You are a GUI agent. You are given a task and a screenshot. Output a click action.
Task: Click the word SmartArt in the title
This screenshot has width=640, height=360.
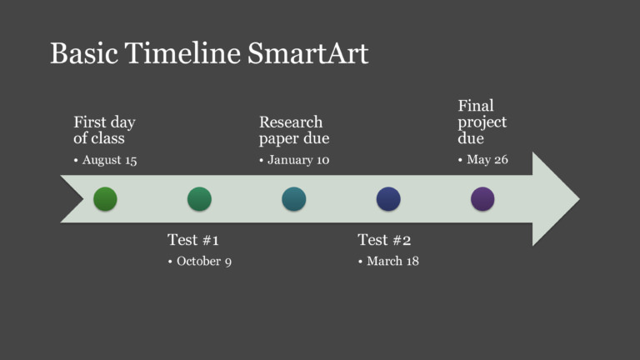pos(308,53)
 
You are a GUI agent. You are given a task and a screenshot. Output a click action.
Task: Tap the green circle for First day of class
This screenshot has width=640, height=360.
pos(105,199)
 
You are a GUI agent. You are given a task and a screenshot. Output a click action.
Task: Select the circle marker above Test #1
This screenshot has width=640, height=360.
pos(199,199)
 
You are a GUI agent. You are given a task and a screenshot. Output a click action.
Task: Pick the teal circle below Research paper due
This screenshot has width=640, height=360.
pos(293,199)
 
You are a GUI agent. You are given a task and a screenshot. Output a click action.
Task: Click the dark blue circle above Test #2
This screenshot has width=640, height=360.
pos(388,199)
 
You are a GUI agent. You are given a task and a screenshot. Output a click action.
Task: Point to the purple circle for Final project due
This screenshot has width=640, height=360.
pos(482,199)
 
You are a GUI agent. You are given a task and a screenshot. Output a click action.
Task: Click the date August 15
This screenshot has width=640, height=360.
pos(109,160)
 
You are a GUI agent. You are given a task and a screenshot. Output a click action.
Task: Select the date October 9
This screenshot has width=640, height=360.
pos(204,262)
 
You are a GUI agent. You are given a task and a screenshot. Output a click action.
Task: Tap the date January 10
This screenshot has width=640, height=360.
pos(298,160)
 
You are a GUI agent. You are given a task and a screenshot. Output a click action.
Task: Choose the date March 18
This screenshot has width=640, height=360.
pos(392,262)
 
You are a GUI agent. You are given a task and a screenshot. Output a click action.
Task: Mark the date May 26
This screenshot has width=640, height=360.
pos(487,160)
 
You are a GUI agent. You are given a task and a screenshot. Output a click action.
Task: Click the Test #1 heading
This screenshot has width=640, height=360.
pos(192,240)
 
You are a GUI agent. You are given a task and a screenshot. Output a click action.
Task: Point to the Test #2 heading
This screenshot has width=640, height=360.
pos(384,240)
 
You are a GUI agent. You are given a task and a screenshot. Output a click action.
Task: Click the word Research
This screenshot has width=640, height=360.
pos(291,122)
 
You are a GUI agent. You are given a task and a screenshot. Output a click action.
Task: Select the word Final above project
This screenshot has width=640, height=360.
pos(476,106)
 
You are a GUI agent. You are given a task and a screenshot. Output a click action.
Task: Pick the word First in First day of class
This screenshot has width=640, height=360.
pos(88,122)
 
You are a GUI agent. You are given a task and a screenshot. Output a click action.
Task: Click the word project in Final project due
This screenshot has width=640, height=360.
pos(482,122)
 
